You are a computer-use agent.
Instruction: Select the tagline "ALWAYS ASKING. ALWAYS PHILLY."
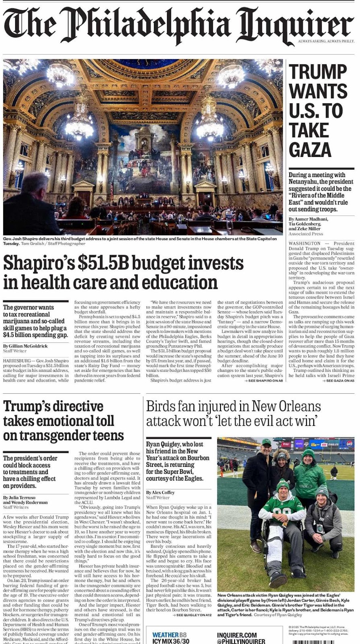coord(326,41)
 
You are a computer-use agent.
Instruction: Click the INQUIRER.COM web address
coord(237,635)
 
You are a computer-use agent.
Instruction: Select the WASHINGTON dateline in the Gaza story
coord(304,243)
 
